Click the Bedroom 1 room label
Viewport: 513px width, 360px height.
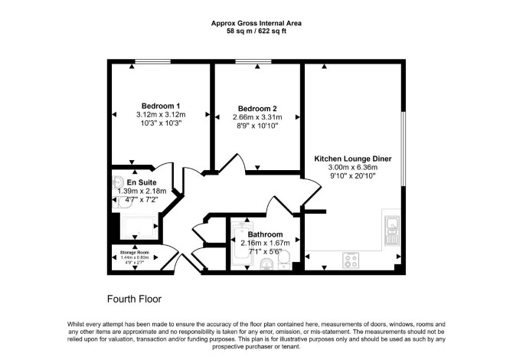coord(161,106)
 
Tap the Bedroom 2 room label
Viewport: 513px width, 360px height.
coord(257,109)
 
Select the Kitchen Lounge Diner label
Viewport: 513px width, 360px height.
coord(353,159)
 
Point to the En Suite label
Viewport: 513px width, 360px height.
coord(142,182)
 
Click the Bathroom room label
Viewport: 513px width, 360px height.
coord(265,234)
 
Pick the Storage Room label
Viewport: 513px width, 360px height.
coord(135,252)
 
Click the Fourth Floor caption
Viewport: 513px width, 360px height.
coord(134,299)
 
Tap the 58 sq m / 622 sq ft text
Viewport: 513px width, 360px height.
coord(256,31)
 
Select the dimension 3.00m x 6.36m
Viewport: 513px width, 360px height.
coord(353,167)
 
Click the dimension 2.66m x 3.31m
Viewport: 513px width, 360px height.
coord(257,117)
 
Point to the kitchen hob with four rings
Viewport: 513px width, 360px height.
coord(351,260)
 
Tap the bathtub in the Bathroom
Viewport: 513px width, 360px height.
coord(242,244)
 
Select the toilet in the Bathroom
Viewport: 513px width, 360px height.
coord(284,260)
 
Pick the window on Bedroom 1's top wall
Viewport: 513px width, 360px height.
coord(153,61)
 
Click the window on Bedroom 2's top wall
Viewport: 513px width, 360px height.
coord(253,61)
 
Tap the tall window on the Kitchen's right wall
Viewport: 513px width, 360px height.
coord(404,149)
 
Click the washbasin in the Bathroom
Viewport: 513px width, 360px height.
coord(267,264)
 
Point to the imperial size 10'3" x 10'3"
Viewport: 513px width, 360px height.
coord(161,123)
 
